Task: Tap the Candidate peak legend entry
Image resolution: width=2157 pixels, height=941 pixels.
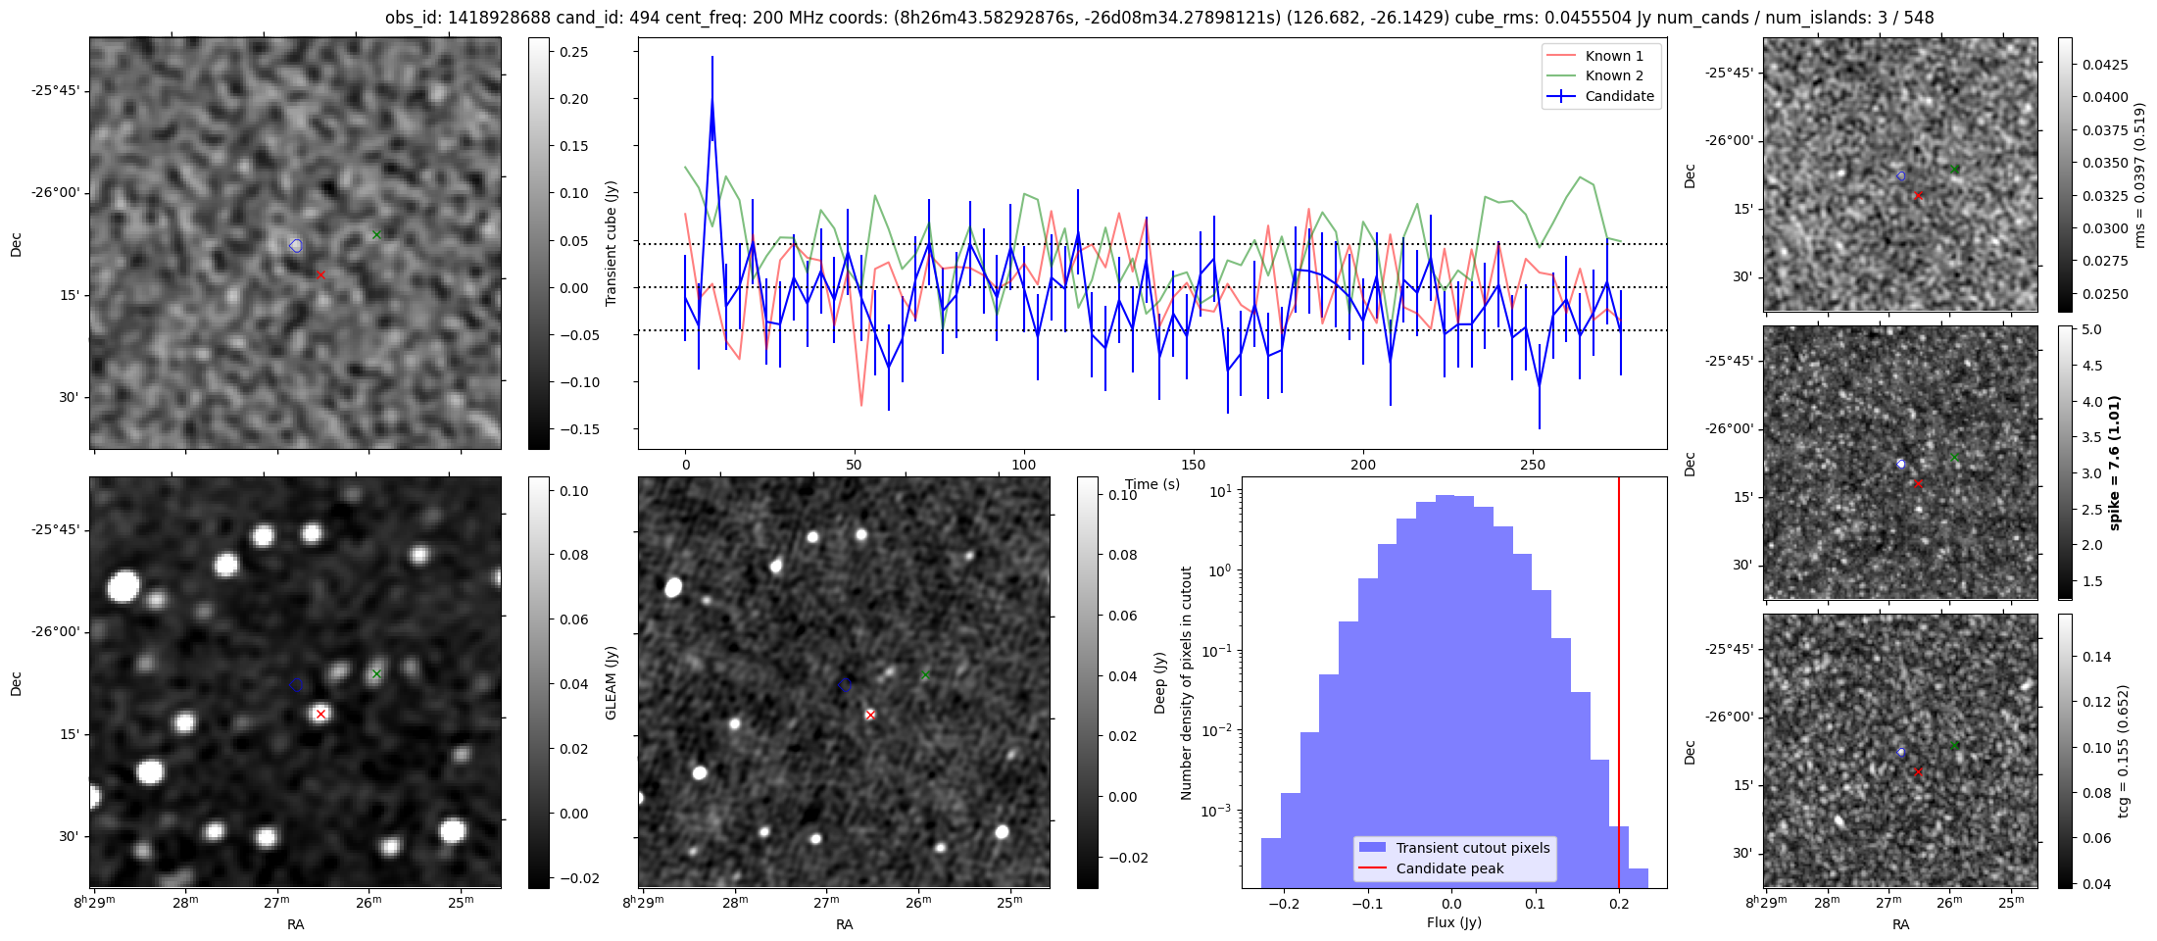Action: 1449,868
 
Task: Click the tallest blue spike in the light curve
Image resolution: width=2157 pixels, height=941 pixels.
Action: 712,98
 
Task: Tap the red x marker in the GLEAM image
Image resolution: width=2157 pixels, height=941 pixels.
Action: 320,715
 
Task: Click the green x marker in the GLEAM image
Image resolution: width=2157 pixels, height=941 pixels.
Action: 376,674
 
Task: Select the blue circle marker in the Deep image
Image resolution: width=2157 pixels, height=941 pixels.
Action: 846,684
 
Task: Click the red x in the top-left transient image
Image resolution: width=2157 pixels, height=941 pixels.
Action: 320,275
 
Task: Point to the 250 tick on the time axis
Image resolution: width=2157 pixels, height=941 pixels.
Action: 1532,465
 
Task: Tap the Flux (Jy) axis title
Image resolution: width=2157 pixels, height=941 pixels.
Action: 1453,922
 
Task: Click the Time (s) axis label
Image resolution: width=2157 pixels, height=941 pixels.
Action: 1152,484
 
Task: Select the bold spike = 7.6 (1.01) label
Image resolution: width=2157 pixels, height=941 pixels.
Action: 2114,463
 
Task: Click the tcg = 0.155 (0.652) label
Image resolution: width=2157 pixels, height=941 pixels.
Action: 2123,751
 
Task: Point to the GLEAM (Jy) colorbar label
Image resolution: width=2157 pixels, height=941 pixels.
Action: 612,682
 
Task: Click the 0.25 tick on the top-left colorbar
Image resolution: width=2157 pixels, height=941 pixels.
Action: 573,52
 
